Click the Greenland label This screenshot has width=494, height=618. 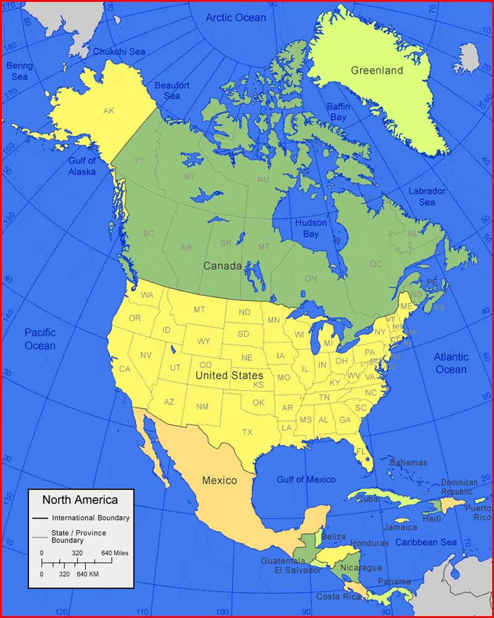[x=377, y=70]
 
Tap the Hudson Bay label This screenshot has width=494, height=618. [x=311, y=229]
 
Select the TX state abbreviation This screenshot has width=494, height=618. [x=248, y=432]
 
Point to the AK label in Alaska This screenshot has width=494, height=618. [x=109, y=111]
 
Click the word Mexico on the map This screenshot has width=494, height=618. [x=219, y=480]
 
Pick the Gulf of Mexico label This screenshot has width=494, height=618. [x=306, y=480]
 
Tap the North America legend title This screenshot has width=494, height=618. [x=80, y=499]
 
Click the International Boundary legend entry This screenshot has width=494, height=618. [x=90, y=518]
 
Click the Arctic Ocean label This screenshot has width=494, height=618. [x=235, y=18]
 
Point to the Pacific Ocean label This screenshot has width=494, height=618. [x=40, y=339]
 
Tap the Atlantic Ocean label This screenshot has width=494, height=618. [x=451, y=363]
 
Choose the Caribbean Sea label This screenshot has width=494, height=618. [x=426, y=543]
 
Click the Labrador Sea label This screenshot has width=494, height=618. [x=427, y=197]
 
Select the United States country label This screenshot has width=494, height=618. [x=229, y=375]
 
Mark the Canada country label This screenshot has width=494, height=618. [x=222, y=266]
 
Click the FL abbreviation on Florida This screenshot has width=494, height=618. [x=361, y=452]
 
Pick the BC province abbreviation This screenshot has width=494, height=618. [x=148, y=234]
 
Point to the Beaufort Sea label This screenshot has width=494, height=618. [x=172, y=90]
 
